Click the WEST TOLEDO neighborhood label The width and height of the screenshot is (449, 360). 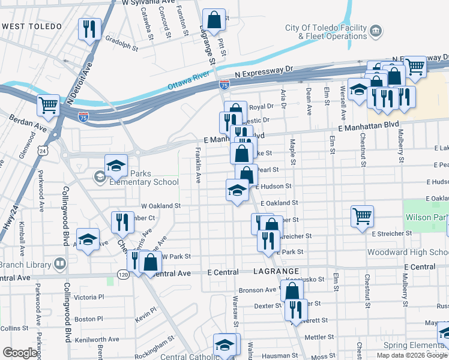[x=32, y=26]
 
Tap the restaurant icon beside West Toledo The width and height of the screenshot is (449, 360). [x=89, y=29]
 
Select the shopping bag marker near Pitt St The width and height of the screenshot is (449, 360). [x=214, y=20]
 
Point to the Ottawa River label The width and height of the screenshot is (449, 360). [x=187, y=85]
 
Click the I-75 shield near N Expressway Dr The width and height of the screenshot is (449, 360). [x=224, y=85]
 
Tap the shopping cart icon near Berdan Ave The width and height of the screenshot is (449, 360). [x=48, y=105]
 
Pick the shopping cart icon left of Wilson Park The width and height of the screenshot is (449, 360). [x=363, y=216]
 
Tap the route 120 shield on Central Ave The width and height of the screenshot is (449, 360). [x=124, y=274]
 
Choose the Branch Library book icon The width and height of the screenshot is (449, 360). [x=60, y=263]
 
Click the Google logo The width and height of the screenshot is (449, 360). [x=20, y=353]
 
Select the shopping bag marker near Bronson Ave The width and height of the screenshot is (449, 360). [x=292, y=292]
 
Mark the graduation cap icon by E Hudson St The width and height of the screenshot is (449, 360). [x=237, y=190]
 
